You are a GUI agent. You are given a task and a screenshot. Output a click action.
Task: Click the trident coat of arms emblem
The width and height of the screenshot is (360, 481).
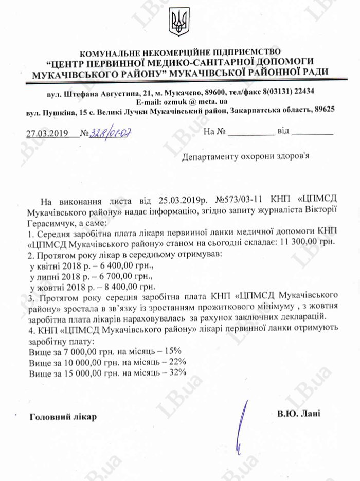pos(179,22)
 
